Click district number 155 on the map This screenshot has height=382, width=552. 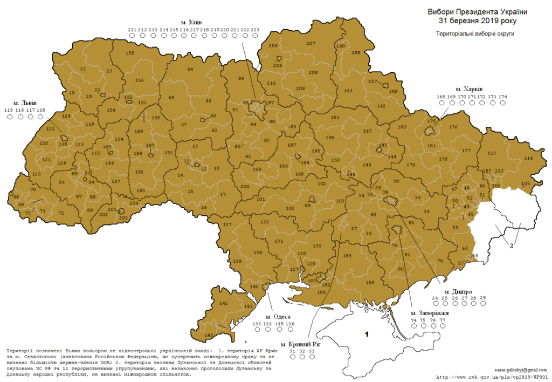tap(130, 53)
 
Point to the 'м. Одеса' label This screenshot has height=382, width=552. tap(278, 316)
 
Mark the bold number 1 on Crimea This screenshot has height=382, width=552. tap(367, 335)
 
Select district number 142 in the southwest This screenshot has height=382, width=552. tap(224, 303)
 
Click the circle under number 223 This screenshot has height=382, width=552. tap(255, 36)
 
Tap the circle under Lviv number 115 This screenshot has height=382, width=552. tap(8, 117)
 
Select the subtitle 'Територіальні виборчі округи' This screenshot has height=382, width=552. tap(475, 33)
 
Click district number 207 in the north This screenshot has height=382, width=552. tap(310, 43)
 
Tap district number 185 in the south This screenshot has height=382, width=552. tap(370, 282)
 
